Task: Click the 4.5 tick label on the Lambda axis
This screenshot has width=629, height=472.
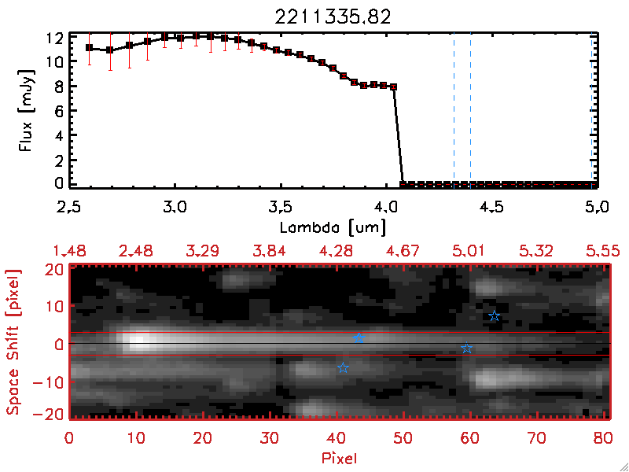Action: [x=492, y=209]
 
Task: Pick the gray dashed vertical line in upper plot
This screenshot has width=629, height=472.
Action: [x=454, y=110]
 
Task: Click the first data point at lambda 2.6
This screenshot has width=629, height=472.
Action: [x=90, y=48]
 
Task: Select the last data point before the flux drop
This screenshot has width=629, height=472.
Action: [x=394, y=87]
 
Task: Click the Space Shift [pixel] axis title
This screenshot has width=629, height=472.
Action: [x=13, y=341]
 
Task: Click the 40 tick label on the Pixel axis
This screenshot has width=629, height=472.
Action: [x=337, y=437]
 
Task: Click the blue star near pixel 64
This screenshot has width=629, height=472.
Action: [x=495, y=316]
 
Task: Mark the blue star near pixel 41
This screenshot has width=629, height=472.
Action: [x=343, y=367]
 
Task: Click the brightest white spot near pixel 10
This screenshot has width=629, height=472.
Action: [x=138, y=341]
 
